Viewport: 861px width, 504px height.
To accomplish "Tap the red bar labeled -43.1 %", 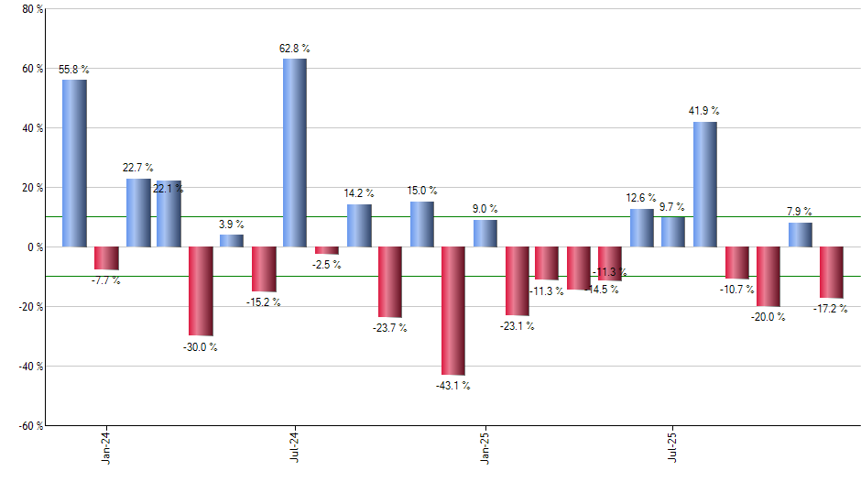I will coord(453,311).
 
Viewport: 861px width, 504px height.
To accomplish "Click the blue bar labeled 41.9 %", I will coord(705,184).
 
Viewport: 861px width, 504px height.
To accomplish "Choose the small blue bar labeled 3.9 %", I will coord(232,241).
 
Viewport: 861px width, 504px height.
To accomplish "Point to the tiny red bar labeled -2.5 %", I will coord(327,250).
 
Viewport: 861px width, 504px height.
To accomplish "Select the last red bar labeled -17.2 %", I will coord(832,272).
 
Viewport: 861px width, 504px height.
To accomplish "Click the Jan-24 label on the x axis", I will coord(107,445).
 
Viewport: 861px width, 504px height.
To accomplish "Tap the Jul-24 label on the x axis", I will coord(295,445).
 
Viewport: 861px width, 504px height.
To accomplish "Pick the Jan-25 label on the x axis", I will coord(485,445).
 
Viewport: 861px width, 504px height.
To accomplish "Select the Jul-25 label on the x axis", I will coord(673,445).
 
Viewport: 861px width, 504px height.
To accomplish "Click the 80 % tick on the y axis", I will coord(32,9).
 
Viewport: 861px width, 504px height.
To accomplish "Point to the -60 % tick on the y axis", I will coord(30,425).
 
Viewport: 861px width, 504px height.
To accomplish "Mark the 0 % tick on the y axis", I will coord(36,247).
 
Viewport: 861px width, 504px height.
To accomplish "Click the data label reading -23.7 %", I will coord(390,327).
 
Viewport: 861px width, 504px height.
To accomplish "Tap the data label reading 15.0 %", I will coord(422,191).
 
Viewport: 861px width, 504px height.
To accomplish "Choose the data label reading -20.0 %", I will coord(768,317).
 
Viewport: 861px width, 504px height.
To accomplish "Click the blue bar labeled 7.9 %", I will coord(801,235).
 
